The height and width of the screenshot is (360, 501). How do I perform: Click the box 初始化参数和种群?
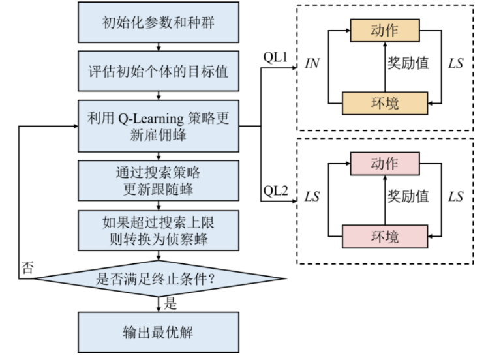pyautogui.click(x=159, y=24)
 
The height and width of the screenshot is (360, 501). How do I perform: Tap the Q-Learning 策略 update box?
pyautogui.click(x=159, y=126)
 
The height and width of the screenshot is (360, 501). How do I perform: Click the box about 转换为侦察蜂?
pyautogui.click(x=159, y=230)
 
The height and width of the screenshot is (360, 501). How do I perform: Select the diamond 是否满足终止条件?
pyautogui.click(x=159, y=280)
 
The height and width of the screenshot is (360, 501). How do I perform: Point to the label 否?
pyautogui.click(x=27, y=267)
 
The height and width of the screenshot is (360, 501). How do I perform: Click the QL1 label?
pyautogui.click(x=275, y=57)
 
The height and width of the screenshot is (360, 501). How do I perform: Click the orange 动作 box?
pyautogui.click(x=384, y=30)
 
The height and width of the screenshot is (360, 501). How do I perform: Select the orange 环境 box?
pyautogui.click(x=384, y=102)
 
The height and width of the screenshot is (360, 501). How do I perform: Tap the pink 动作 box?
pyautogui.click(x=384, y=163)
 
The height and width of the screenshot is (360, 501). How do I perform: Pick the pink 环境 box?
pyautogui.click(x=384, y=235)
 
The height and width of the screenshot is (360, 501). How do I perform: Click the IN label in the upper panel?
pyautogui.click(x=312, y=64)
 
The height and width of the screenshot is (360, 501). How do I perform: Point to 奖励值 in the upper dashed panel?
pyautogui.click(x=408, y=63)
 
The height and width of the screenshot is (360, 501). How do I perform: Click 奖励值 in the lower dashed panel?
pyautogui.click(x=408, y=195)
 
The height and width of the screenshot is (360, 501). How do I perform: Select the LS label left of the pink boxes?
pyautogui.click(x=312, y=196)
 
